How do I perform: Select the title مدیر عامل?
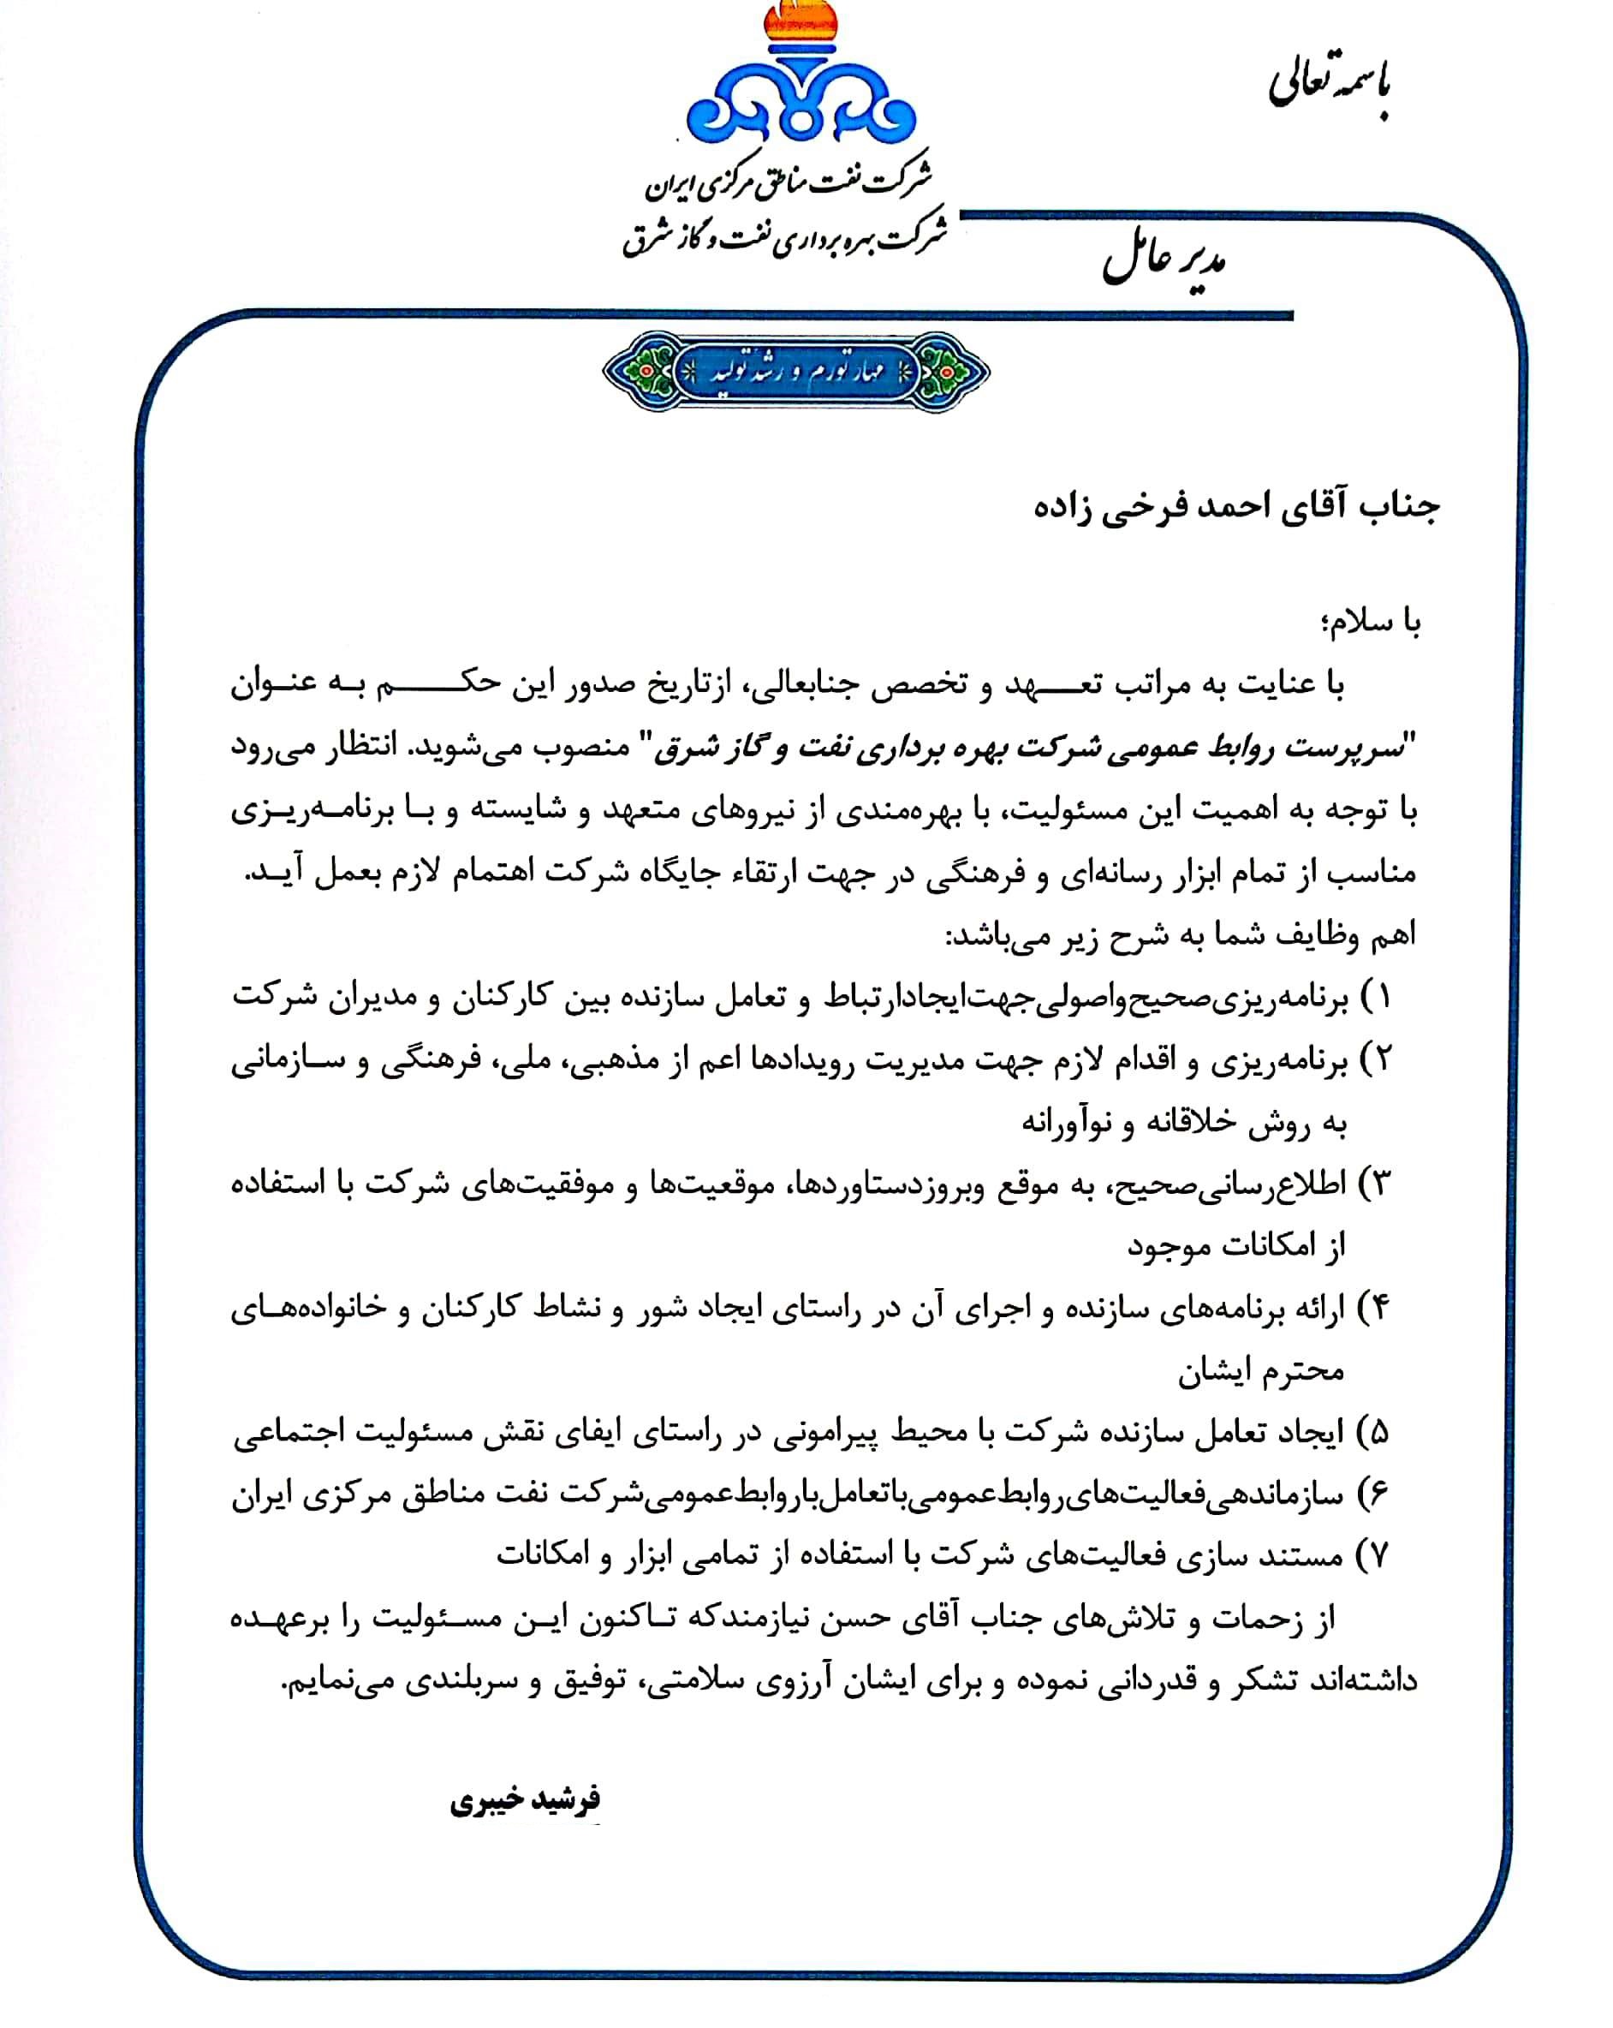coord(1164,262)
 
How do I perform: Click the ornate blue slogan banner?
coord(795,372)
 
